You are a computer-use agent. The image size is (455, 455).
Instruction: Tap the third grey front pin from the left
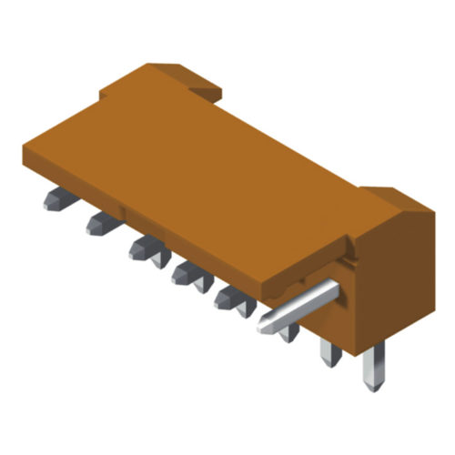(142, 247)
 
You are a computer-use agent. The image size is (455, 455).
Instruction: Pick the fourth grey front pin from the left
(185, 271)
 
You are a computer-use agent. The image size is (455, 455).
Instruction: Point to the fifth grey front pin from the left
(227, 296)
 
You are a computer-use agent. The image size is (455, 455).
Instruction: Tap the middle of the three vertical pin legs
(330, 351)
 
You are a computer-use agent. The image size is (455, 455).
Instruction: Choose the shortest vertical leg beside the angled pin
(290, 333)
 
